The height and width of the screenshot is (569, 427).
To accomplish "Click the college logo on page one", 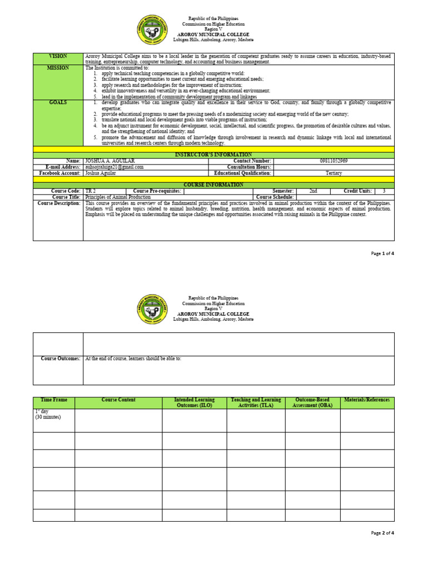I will click(152, 32).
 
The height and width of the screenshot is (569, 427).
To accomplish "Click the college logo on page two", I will click(152, 310).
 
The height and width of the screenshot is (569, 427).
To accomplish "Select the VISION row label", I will click(58, 56).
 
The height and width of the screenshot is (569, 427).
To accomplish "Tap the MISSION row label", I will click(58, 68).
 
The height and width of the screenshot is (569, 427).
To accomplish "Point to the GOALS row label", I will click(58, 103).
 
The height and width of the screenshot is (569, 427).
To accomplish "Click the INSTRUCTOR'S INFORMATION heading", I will click(213, 154).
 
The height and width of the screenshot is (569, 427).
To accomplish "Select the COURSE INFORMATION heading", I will click(213, 184).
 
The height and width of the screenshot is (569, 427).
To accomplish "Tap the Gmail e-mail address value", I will click(115, 167).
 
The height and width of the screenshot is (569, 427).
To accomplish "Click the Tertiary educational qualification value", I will click(334, 173).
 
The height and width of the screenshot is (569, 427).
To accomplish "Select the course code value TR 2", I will click(91, 191).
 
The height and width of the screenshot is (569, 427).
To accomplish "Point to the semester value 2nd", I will click(314, 191).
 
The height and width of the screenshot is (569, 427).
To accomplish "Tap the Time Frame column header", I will click(53, 400).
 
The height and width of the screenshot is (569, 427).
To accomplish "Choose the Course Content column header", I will click(118, 400).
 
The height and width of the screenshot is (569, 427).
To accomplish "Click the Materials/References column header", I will click(367, 400).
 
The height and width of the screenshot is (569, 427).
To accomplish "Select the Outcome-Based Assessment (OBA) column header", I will click(312, 402).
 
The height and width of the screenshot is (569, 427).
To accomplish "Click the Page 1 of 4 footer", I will click(383, 253).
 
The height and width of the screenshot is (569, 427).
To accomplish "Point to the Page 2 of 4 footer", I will click(383, 533).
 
